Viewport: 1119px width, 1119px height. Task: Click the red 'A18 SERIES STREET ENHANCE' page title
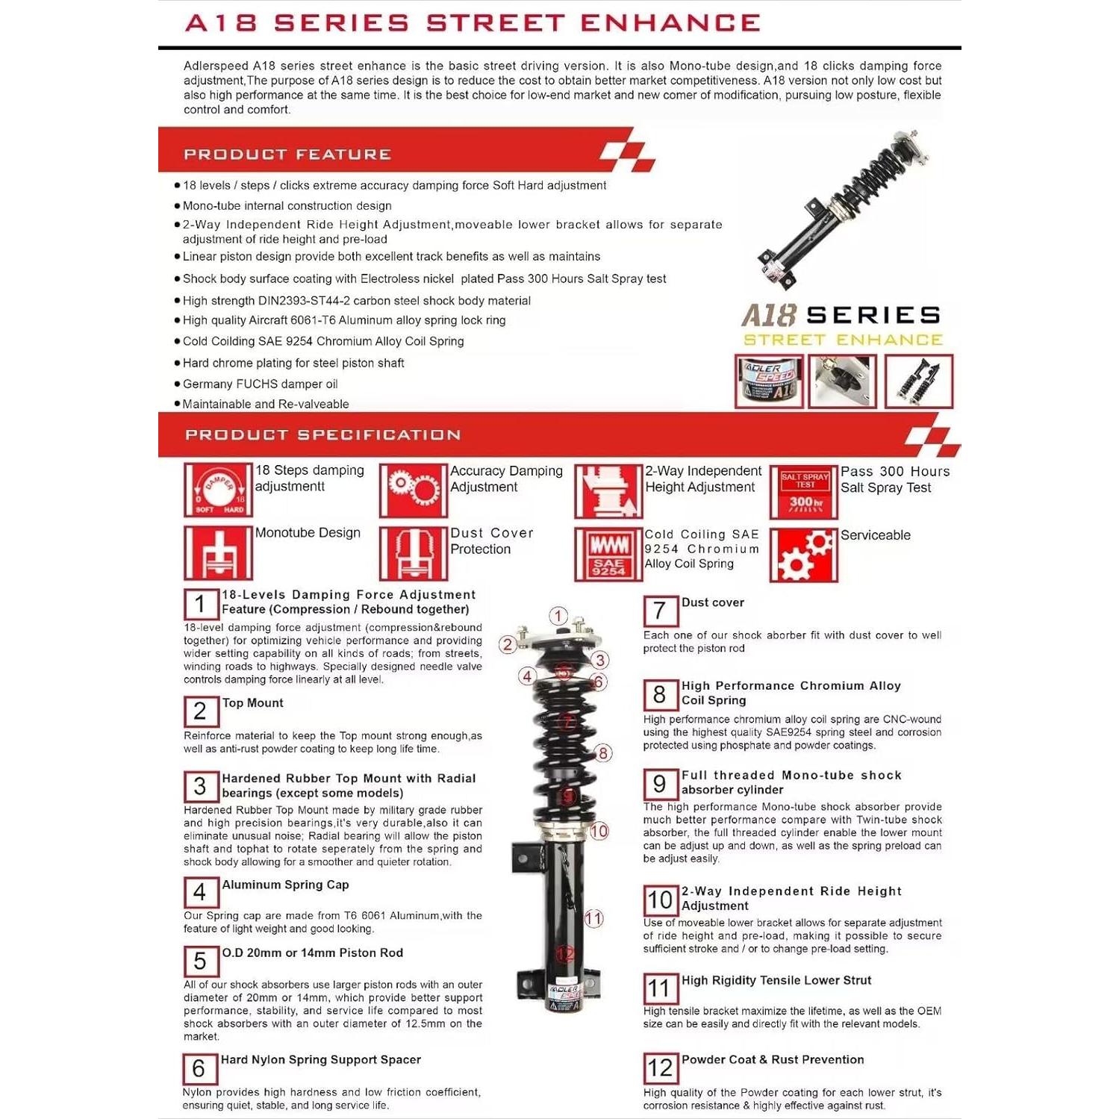pyautogui.click(x=472, y=23)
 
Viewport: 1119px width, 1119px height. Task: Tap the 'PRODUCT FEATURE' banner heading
pyautogui.click(x=287, y=155)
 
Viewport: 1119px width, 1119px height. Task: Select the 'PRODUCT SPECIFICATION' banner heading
pyautogui.click(x=322, y=435)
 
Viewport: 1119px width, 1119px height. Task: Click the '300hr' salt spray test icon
pyautogui.click(x=804, y=491)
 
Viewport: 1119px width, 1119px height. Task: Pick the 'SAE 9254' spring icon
pyautogui.click(x=608, y=554)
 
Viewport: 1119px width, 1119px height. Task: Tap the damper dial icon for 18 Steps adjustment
pyautogui.click(x=218, y=490)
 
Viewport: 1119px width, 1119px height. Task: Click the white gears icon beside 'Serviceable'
pyautogui.click(x=804, y=555)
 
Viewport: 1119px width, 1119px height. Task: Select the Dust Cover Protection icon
pyautogui.click(x=413, y=554)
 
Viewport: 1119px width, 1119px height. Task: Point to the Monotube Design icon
pyautogui.click(x=218, y=553)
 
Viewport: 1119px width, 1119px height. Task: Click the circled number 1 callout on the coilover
pyautogui.click(x=558, y=616)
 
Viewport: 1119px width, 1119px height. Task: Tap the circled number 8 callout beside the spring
pyautogui.click(x=602, y=753)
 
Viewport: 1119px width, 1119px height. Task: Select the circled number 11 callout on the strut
pyautogui.click(x=593, y=918)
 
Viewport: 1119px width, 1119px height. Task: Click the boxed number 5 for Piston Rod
pyautogui.click(x=201, y=961)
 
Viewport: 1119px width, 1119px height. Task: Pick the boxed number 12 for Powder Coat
pyautogui.click(x=661, y=1068)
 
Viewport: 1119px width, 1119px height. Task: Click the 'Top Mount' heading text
pyautogui.click(x=252, y=703)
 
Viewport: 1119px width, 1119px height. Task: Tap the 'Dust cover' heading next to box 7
pyautogui.click(x=712, y=602)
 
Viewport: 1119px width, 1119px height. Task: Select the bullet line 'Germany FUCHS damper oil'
pyautogui.click(x=260, y=384)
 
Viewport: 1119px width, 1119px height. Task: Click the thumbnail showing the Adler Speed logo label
pyautogui.click(x=769, y=381)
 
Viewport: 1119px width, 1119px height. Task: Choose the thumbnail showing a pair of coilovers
pyautogui.click(x=919, y=381)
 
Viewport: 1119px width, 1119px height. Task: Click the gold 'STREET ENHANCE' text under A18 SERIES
pyautogui.click(x=843, y=340)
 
